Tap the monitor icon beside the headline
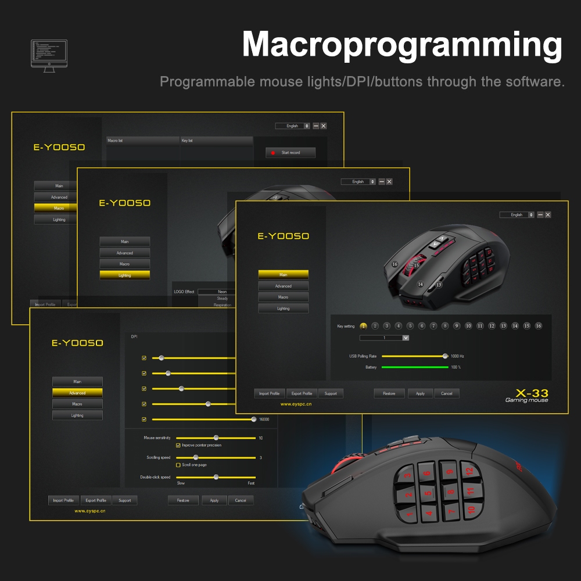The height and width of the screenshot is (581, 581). tap(49, 56)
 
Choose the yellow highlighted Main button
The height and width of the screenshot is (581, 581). tap(283, 274)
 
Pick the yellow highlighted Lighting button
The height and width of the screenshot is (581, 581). tap(124, 275)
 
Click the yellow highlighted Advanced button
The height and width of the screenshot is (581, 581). tap(77, 393)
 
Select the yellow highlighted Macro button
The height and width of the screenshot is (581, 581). tap(59, 208)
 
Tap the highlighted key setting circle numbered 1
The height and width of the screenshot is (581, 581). tap(364, 326)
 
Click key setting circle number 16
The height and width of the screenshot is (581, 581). tap(539, 326)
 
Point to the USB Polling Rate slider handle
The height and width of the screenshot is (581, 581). tap(445, 356)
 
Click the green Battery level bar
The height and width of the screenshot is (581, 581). tap(414, 367)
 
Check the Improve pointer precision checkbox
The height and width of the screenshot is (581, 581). tap(178, 445)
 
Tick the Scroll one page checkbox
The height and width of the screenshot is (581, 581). tap(178, 465)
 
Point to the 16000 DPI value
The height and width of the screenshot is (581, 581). tap(264, 419)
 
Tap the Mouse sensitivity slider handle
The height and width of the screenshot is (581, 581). tap(216, 437)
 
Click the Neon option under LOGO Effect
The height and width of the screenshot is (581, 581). tap(222, 292)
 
